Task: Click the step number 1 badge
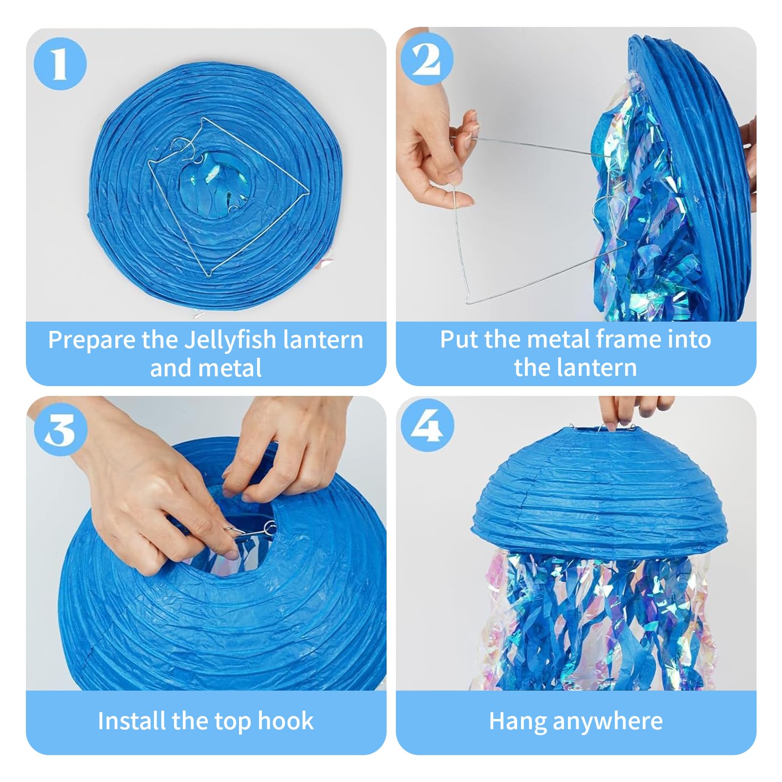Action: coord(60,64)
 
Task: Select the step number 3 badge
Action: coord(60,430)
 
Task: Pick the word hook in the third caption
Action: coord(285,721)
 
